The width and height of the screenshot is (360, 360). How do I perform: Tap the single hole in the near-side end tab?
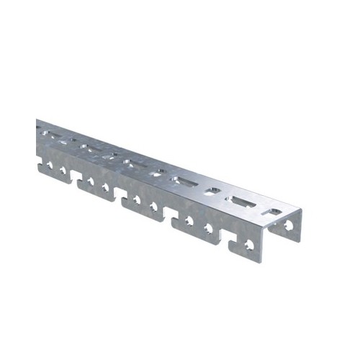(249, 244)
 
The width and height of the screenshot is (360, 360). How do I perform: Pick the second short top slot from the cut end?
(214, 192)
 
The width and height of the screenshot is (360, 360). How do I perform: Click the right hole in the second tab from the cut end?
(209, 228)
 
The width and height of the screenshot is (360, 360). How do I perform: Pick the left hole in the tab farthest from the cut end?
(50, 167)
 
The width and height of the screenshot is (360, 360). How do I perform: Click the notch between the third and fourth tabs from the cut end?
(122, 196)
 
